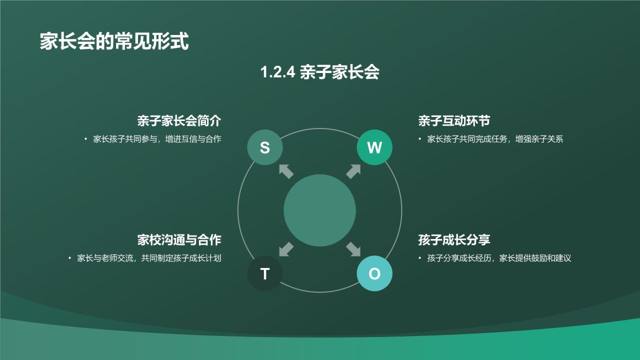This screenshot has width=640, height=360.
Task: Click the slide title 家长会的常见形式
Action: pos(114,41)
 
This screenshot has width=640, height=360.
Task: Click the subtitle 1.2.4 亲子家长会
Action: pos(319,72)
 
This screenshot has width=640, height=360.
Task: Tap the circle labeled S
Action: pos(265,147)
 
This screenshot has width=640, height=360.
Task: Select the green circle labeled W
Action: pos(374,147)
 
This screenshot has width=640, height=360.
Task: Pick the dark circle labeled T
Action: pos(265,273)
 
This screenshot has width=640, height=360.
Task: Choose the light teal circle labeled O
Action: pos(374,273)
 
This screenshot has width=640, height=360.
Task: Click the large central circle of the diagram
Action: pos(319,210)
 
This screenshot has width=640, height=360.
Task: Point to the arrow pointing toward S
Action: pos(286,171)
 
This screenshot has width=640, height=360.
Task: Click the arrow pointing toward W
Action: pos(353,171)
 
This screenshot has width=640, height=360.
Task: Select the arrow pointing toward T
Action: pos(286,249)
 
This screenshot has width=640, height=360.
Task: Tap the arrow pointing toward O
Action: pos(353,249)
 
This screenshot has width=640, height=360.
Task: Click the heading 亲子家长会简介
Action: pos(179,121)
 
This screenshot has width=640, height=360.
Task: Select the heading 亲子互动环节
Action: pos(453,121)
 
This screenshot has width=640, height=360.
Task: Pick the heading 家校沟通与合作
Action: pos(179,240)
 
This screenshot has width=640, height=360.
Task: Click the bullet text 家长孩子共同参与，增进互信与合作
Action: pos(157,139)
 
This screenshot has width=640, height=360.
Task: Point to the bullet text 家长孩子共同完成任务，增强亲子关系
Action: pos(495,139)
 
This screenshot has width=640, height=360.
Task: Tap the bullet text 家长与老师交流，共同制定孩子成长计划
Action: pos(149,258)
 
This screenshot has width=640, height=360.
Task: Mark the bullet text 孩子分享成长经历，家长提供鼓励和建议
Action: pos(499,258)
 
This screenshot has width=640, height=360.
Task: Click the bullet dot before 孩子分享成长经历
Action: pos(420,258)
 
